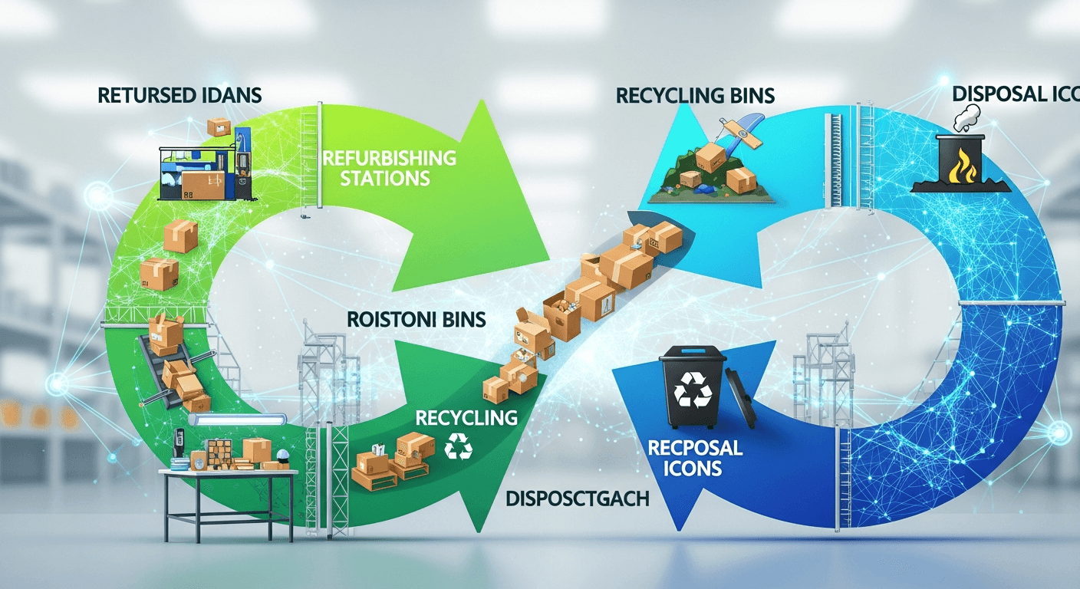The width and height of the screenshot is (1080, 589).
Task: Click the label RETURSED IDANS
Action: coord(180,96)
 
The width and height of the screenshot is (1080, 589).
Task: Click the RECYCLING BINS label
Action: coord(695,96)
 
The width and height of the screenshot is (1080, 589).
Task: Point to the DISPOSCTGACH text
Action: coord(578,499)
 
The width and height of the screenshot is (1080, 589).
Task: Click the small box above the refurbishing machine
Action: coord(219,127)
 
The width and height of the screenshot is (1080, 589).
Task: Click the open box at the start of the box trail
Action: coord(530,330)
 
